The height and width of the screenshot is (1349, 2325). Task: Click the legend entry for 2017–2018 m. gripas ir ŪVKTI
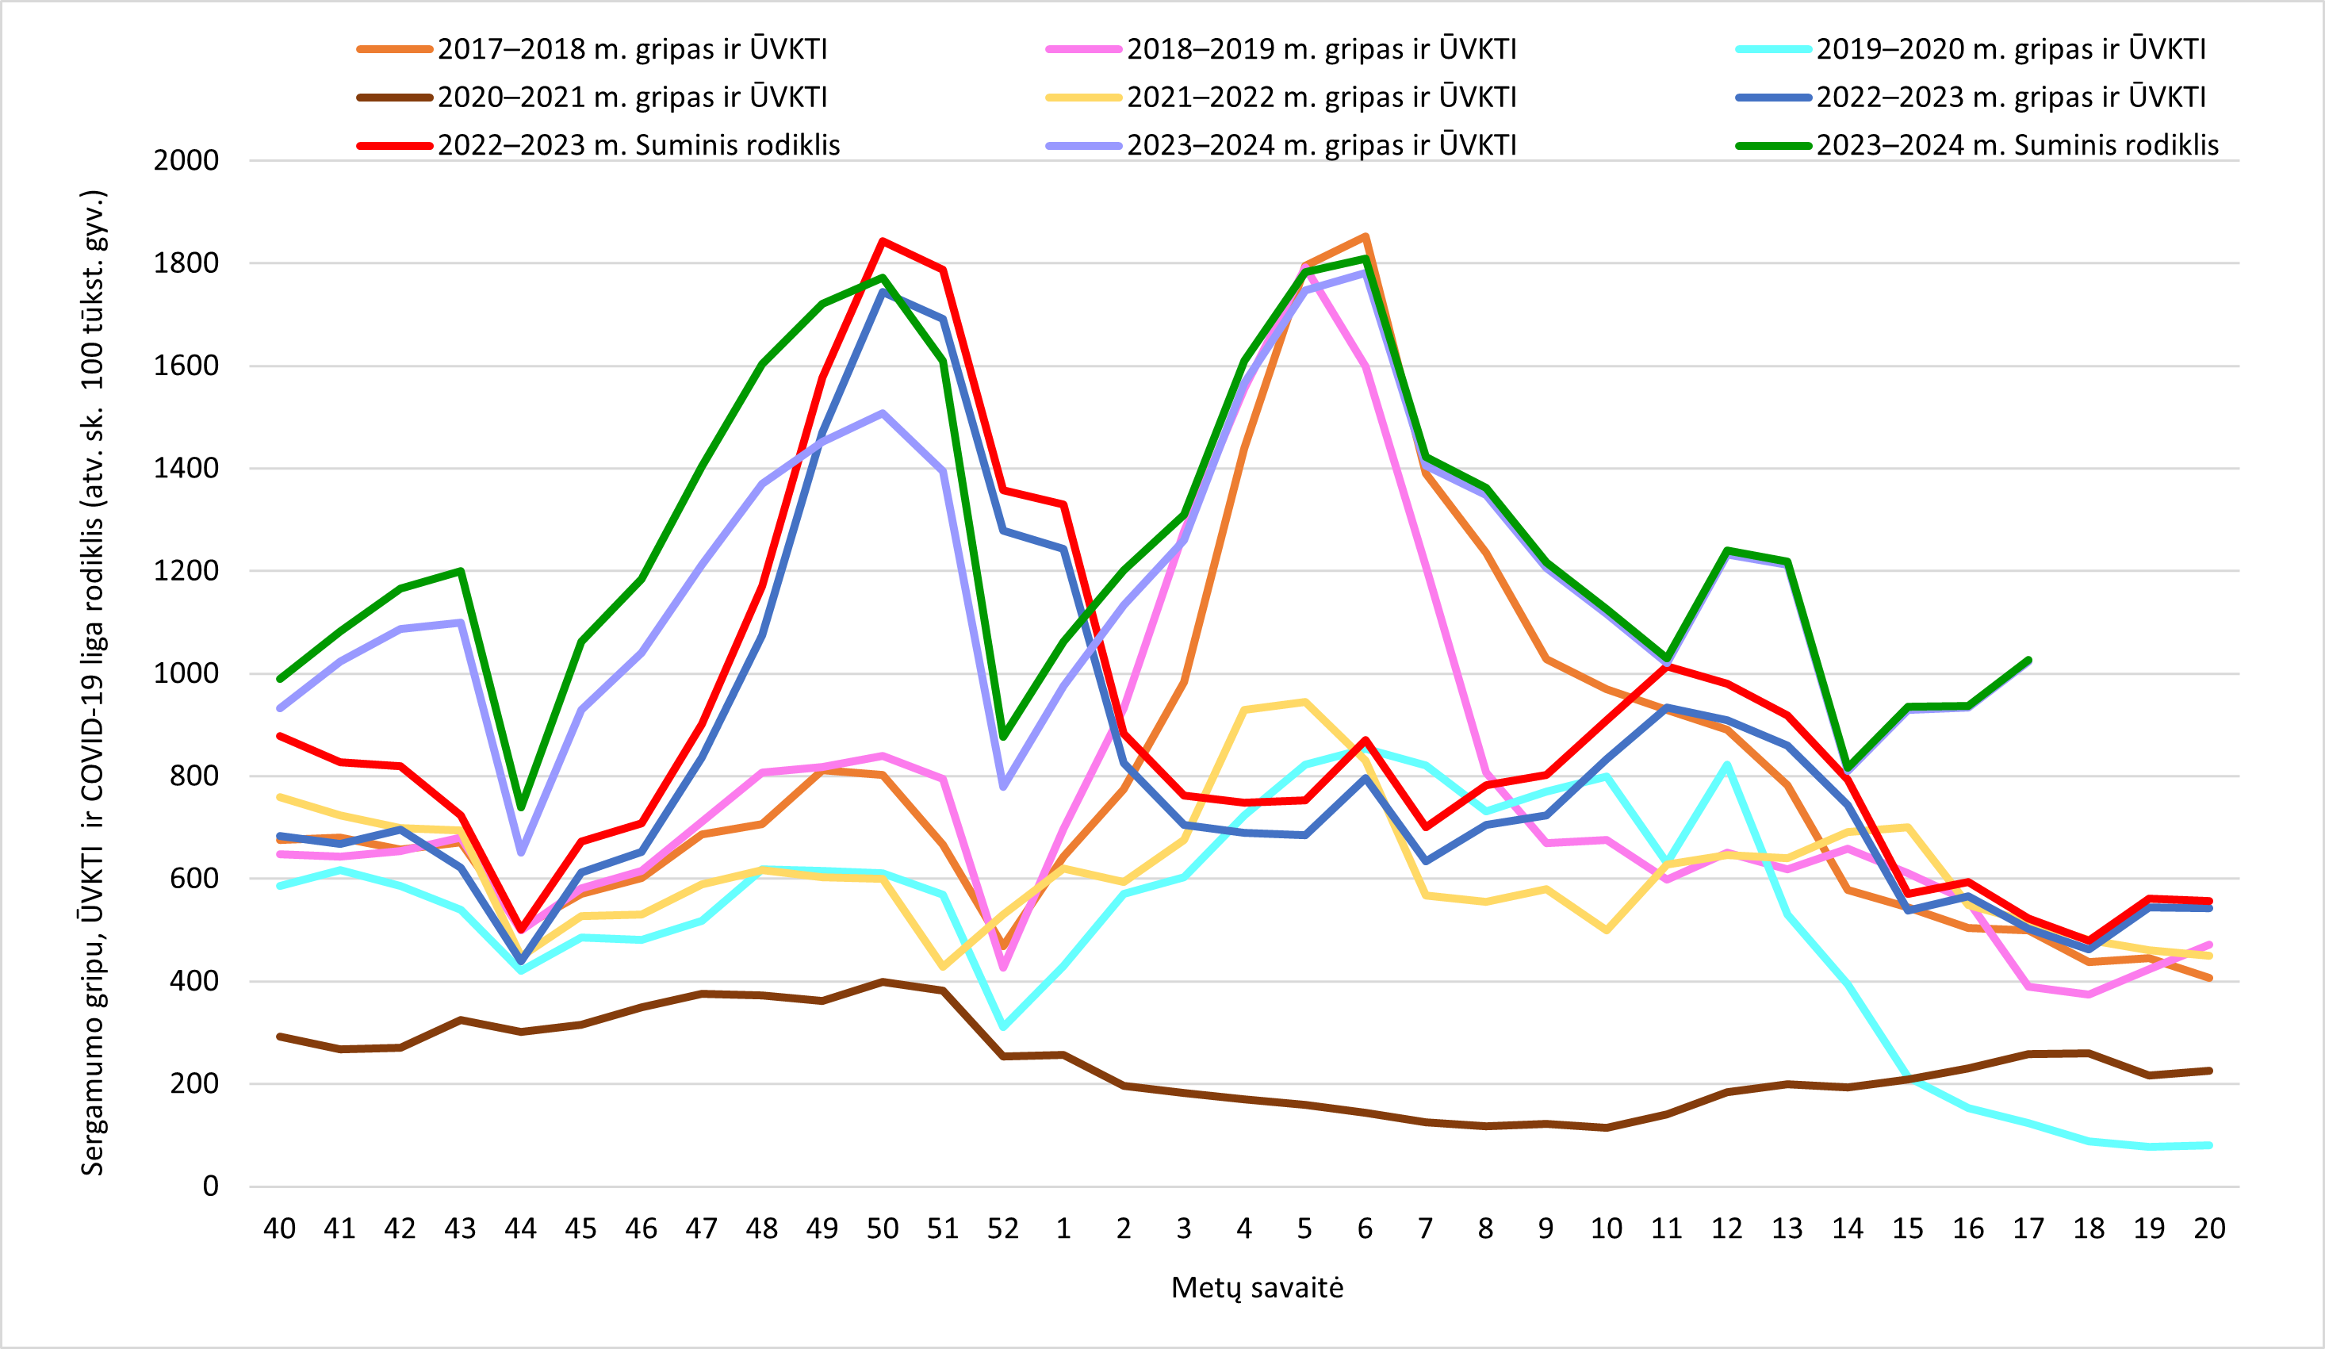click(x=592, y=49)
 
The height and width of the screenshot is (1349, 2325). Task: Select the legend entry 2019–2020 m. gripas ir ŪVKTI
click(x=1971, y=49)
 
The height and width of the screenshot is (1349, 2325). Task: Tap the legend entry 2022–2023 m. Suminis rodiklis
click(x=599, y=145)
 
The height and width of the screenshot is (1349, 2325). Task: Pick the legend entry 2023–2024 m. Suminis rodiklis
click(x=1977, y=145)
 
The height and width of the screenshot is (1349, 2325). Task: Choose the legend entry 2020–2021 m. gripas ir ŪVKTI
click(x=592, y=97)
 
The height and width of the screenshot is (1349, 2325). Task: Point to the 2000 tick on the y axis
click(x=186, y=160)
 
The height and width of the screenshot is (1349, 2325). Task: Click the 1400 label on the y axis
click(x=186, y=468)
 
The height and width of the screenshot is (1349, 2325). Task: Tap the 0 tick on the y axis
click(x=211, y=1186)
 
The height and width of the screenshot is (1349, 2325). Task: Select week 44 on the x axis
click(x=520, y=1229)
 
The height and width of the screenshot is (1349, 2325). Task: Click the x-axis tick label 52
click(x=1003, y=1229)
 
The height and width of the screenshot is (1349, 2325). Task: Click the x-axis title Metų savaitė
click(x=1257, y=1288)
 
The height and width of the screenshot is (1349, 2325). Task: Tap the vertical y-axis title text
click(x=94, y=683)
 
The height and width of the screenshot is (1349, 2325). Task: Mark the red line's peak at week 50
click(x=883, y=241)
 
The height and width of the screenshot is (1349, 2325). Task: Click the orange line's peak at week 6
click(x=1366, y=236)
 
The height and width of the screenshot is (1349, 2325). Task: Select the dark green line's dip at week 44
click(x=520, y=807)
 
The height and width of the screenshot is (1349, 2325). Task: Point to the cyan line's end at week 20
click(x=2210, y=1145)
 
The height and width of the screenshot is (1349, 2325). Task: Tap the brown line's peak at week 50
click(x=883, y=981)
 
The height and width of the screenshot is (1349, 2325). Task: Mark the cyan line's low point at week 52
click(x=1003, y=1027)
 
